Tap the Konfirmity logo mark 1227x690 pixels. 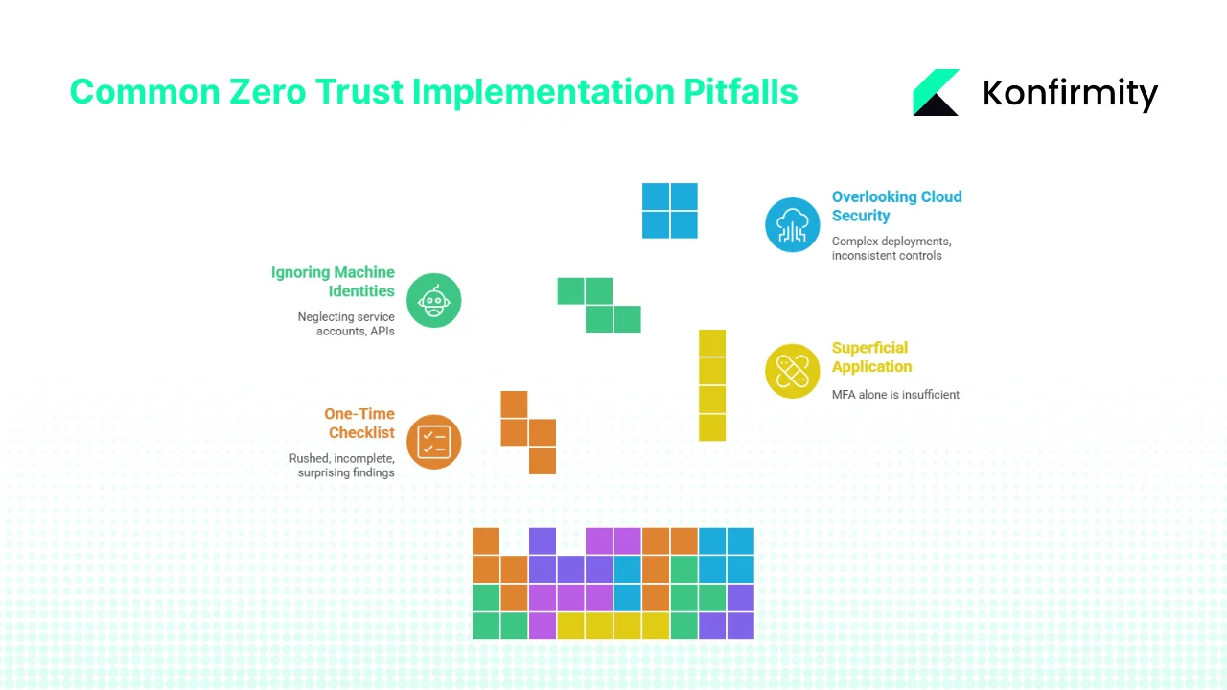point(935,93)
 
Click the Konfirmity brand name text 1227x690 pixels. point(1070,93)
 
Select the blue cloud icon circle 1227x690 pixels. point(793,225)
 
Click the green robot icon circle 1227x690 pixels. point(434,301)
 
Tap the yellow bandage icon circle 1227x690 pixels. point(793,371)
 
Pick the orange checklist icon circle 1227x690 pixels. point(434,442)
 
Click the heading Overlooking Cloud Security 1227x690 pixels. point(895,206)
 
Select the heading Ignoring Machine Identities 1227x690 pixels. point(334,282)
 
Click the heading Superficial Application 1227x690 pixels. point(870,356)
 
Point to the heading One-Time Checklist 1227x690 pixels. point(359,423)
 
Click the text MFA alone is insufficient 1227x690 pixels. point(895,394)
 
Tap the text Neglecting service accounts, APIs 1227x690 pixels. point(347,324)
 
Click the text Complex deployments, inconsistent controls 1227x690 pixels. point(891,248)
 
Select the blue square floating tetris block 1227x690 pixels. point(670,211)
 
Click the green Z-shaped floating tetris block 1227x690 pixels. point(599,305)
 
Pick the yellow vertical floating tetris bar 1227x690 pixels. point(712,385)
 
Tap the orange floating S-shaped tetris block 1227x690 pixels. point(528,432)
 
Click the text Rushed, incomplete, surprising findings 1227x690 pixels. point(342,465)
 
